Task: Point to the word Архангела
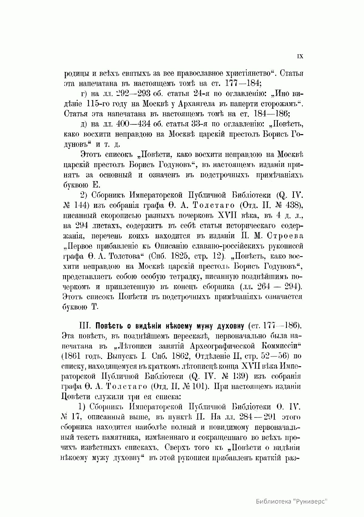[188, 103]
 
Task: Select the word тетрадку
[187, 277]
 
